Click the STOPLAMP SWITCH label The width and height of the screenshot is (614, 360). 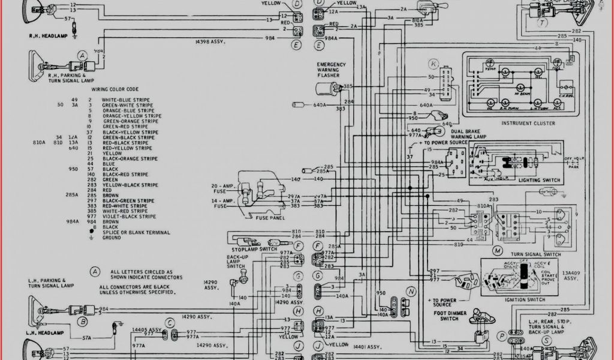[254, 249]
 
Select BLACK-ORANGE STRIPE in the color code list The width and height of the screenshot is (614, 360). [130, 158]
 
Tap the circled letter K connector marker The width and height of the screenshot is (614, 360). [433, 63]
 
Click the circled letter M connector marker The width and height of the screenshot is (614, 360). [497, 249]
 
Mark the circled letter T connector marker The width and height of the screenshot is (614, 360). [542, 23]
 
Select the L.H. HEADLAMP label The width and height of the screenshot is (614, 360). [46, 332]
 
